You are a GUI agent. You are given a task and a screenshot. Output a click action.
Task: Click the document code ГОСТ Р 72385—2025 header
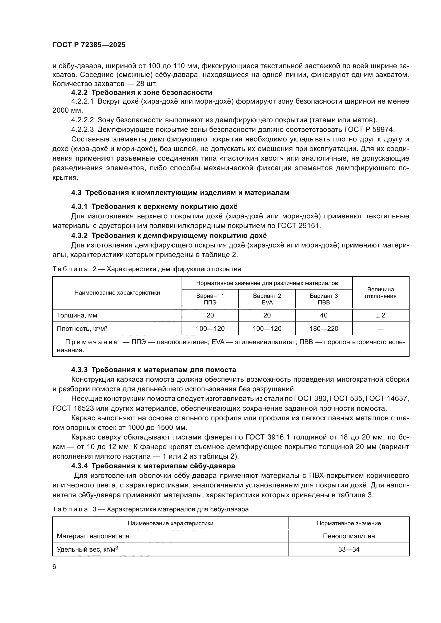[x=89, y=45]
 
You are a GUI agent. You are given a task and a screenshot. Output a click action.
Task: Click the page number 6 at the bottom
[x=54, y=567]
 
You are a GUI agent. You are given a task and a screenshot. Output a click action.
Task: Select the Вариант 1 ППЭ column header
[x=210, y=299]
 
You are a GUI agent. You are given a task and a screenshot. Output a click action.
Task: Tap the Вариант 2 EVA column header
[x=267, y=299]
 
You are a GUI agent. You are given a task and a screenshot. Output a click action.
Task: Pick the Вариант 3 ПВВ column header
[x=324, y=299]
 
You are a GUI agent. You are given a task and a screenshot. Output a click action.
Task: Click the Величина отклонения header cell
[x=380, y=292]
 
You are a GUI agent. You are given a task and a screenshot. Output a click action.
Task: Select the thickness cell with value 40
[x=324, y=315]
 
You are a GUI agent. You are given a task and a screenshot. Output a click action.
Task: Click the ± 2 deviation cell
[x=380, y=315]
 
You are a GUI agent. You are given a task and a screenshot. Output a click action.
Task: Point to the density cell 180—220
[x=324, y=329]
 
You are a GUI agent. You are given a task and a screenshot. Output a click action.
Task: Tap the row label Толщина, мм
[x=77, y=315]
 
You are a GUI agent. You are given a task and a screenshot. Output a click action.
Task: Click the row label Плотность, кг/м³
[x=82, y=329]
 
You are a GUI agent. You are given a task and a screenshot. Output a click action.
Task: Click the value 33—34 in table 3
[x=349, y=549]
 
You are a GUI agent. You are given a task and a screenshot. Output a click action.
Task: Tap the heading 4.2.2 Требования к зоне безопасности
[x=142, y=92]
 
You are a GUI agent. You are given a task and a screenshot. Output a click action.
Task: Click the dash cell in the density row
[x=380, y=329]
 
